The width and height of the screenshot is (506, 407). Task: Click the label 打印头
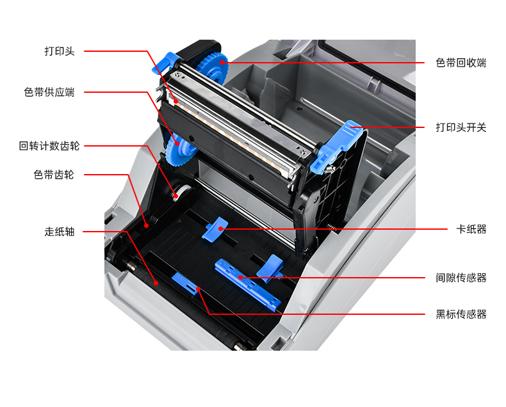(x=60, y=51)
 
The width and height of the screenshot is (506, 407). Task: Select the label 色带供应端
(x=49, y=92)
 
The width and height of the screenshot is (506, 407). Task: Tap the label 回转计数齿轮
(x=49, y=146)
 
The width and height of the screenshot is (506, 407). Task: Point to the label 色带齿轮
(x=54, y=175)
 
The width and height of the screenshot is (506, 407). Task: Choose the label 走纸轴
(x=60, y=232)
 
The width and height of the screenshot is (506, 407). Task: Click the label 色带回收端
(x=461, y=63)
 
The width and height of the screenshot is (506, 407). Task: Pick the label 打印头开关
(x=461, y=127)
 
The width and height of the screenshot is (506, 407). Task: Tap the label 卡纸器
(x=471, y=229)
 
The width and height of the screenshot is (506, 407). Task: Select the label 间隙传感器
(x=461, y=278)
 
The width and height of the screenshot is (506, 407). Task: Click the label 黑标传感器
(x=461, y=314)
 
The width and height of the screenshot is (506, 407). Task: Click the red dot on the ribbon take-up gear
(x=222, y=62)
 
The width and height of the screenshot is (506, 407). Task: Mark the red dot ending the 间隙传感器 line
(x=240, y=277)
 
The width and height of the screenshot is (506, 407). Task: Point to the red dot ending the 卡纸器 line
(x=221, y=229)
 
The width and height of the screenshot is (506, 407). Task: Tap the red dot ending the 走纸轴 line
(x=156, y=283)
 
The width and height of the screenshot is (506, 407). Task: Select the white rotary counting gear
(x=178, y=193)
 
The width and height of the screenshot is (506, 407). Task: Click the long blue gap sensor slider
(x=248, y=284)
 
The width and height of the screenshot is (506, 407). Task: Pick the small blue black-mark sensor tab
(x=185, y=283)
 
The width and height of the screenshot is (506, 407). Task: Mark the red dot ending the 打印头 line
(x=176, y=101)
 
